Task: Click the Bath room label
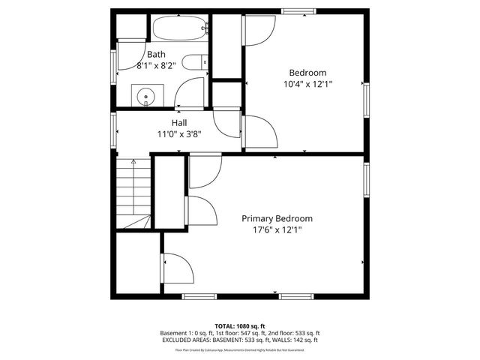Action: [156, 54]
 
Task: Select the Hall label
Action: [179, 123]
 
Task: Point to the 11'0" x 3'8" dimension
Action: [179, 135]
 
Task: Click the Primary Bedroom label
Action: [277, 218]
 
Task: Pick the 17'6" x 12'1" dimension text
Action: [277, 230]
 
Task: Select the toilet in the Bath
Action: [196, 63]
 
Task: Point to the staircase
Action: [133, 195]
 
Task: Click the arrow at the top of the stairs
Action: [133, 160]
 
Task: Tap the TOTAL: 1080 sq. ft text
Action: [239, 326]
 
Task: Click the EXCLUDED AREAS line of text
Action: [239, 340]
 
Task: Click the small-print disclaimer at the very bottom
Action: [239, 349]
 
